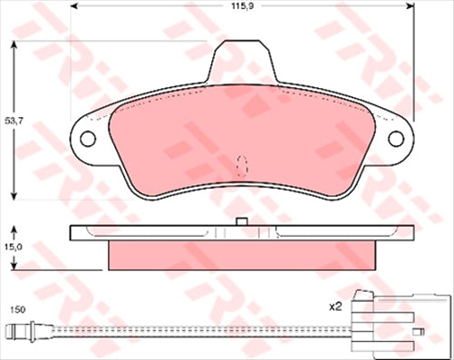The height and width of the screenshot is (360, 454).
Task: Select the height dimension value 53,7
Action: coord(13,120)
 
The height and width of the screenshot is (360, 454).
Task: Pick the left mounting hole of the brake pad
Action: coord(88,139)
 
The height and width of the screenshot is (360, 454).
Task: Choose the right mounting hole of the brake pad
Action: coord(396,139)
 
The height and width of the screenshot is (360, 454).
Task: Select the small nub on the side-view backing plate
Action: coord(241,221)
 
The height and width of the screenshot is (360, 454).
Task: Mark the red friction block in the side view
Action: coord(242,255)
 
